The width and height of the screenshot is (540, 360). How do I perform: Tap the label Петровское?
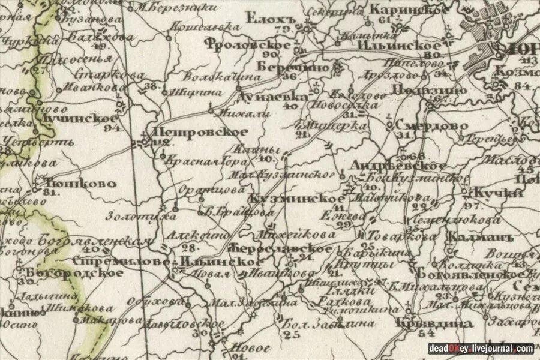200,132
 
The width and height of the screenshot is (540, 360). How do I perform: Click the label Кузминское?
298,199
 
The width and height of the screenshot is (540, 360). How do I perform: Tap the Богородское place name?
74,272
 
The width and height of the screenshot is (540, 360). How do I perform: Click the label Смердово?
428,125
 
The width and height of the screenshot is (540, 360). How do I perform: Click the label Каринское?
408,10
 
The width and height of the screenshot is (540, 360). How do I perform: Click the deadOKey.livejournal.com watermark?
481,348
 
